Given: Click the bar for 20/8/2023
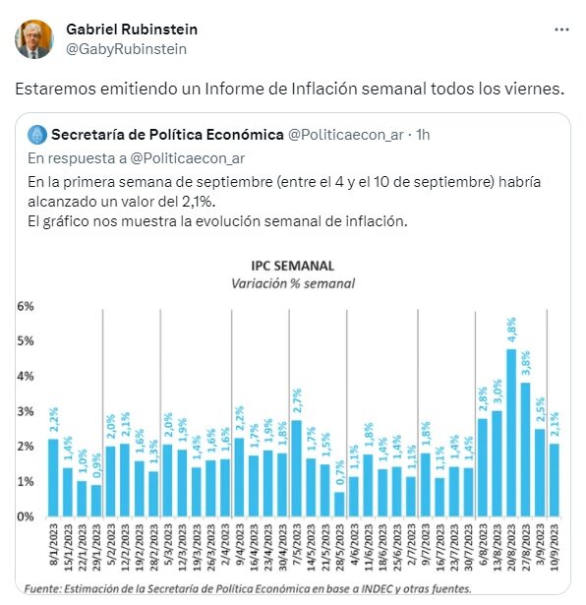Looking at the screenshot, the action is click(x=511, y=433).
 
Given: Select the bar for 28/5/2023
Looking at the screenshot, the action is click(x=339, y=504).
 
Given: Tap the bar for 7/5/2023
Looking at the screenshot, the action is click(x=296, y=468).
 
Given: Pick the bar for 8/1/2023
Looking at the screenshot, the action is click(x=53, y=478).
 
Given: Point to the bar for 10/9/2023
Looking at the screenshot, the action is click(x=554, y=480).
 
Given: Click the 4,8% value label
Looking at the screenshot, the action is click(x=511, y=331).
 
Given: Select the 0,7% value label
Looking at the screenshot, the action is click(x=339, y=472).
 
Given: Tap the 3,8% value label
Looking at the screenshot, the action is click(x=525, y=363).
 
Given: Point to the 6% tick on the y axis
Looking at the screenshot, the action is click(x=25, y=306).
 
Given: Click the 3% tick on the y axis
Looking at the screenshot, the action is click(x=25, y=411).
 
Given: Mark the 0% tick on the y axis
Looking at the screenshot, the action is click(x=25, y=516).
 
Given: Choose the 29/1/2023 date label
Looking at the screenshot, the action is click(x=96, y=547).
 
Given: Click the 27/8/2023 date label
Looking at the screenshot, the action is click(x=525, y=547).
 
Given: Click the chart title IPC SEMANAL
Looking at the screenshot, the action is click(x=293, y=266).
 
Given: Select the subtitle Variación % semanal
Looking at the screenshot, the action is click(x=293, y=283).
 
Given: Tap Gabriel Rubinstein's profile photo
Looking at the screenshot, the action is click(x=34, y=39).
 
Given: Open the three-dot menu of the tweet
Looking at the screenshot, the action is click(x=561, y=30).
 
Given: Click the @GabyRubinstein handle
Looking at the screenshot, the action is click(x=127, y=49).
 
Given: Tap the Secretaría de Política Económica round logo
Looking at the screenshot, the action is click(x=37, y=135).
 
